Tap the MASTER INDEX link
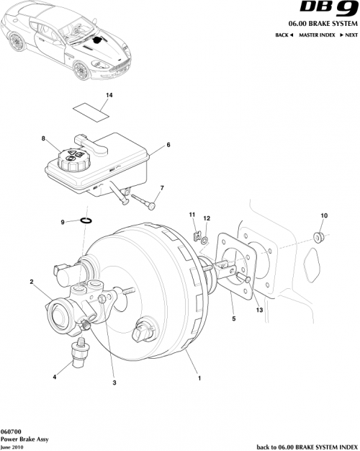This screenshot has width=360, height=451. click(x=319, y=35)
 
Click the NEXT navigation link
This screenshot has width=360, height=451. click(x=348, y=35)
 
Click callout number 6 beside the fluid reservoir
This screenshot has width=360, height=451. click(x=168, y=145)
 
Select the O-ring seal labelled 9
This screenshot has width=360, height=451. click(x=85, y=221)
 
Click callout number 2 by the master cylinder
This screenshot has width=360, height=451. click(x=31, y=282)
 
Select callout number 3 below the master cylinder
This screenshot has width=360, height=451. click(x=114, y=383)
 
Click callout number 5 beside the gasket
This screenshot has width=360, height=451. click(x=233, y=317)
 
